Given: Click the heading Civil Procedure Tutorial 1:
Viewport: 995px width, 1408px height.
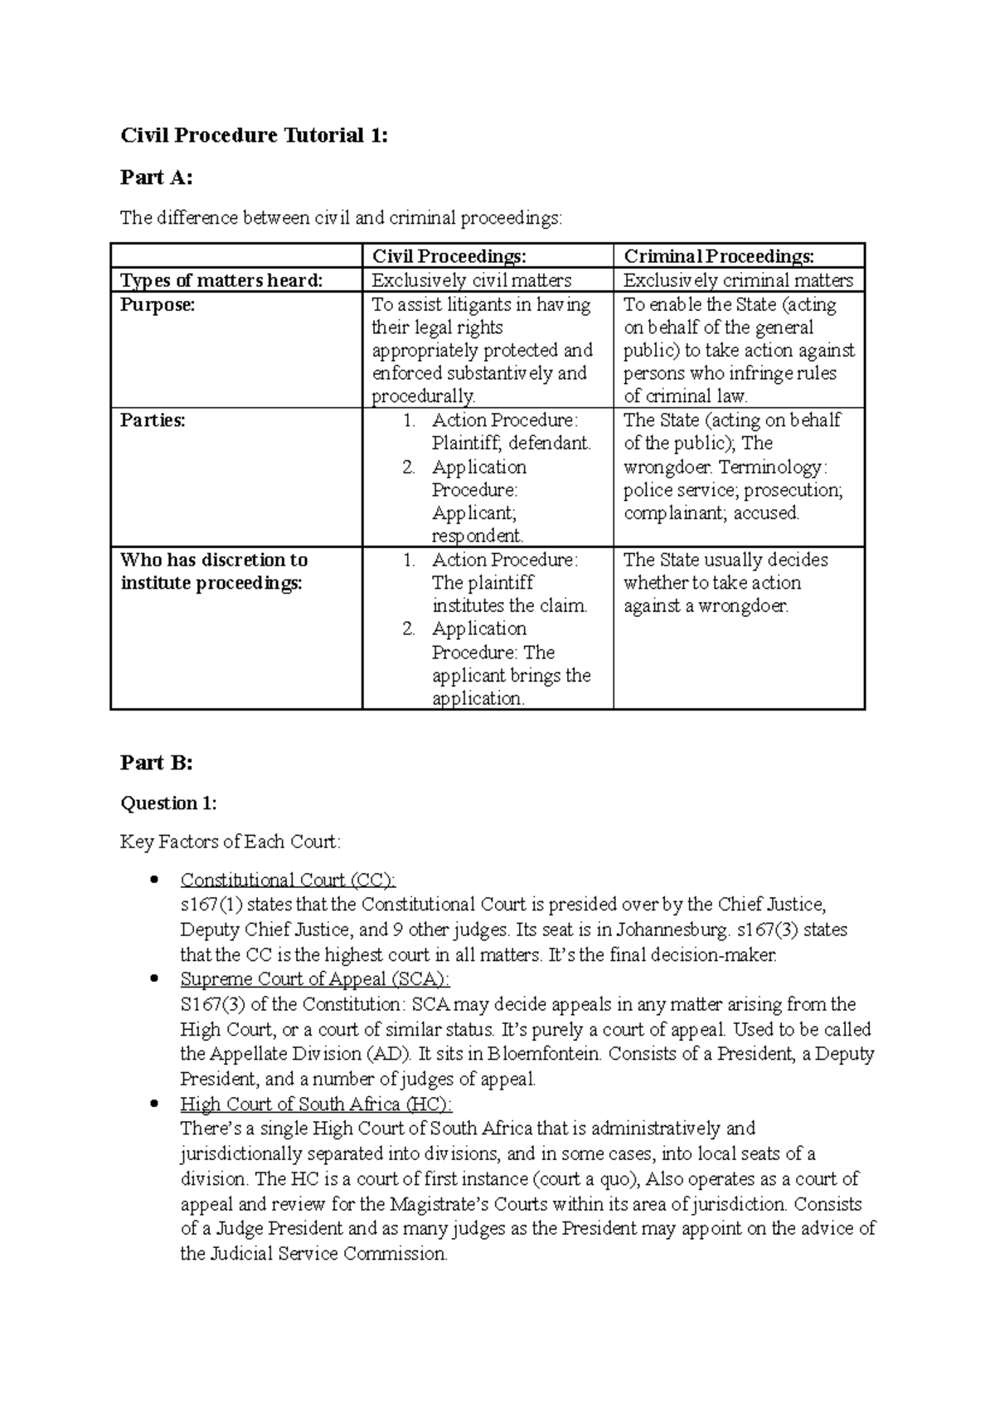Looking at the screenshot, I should [x=254, y=135].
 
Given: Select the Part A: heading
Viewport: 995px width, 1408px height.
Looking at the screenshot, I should [x=156, y=177].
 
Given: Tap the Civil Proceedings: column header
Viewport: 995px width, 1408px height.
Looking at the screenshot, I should [x=449, y=256].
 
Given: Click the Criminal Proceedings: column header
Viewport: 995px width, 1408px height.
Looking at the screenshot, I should [x=718, y=256].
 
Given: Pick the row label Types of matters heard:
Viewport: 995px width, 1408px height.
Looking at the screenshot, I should [x=221, y=280].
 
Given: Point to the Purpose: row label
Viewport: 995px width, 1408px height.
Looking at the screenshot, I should [x=158, y=304].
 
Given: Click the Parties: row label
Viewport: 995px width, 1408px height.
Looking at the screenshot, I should [x=153, y=420].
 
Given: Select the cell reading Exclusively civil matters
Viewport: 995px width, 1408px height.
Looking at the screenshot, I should [x=471, y=280].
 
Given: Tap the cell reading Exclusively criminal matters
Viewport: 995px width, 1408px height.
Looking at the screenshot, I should [x=738, y=280].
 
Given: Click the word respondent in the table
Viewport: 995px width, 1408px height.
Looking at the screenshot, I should [x=477, y=536].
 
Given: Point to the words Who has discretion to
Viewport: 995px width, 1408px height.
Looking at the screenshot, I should [x=214, y=560].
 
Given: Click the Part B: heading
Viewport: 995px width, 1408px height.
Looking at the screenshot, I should [x=156, y=763].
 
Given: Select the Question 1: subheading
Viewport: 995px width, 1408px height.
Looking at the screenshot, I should [x=168, y=803].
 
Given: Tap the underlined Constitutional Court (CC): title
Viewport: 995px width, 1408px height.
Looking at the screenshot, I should [x=288, y=880].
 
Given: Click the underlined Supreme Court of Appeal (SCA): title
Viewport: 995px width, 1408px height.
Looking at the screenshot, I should [x=315, y=979].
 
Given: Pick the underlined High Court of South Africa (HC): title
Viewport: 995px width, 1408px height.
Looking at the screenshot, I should [x=316, y=1105].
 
